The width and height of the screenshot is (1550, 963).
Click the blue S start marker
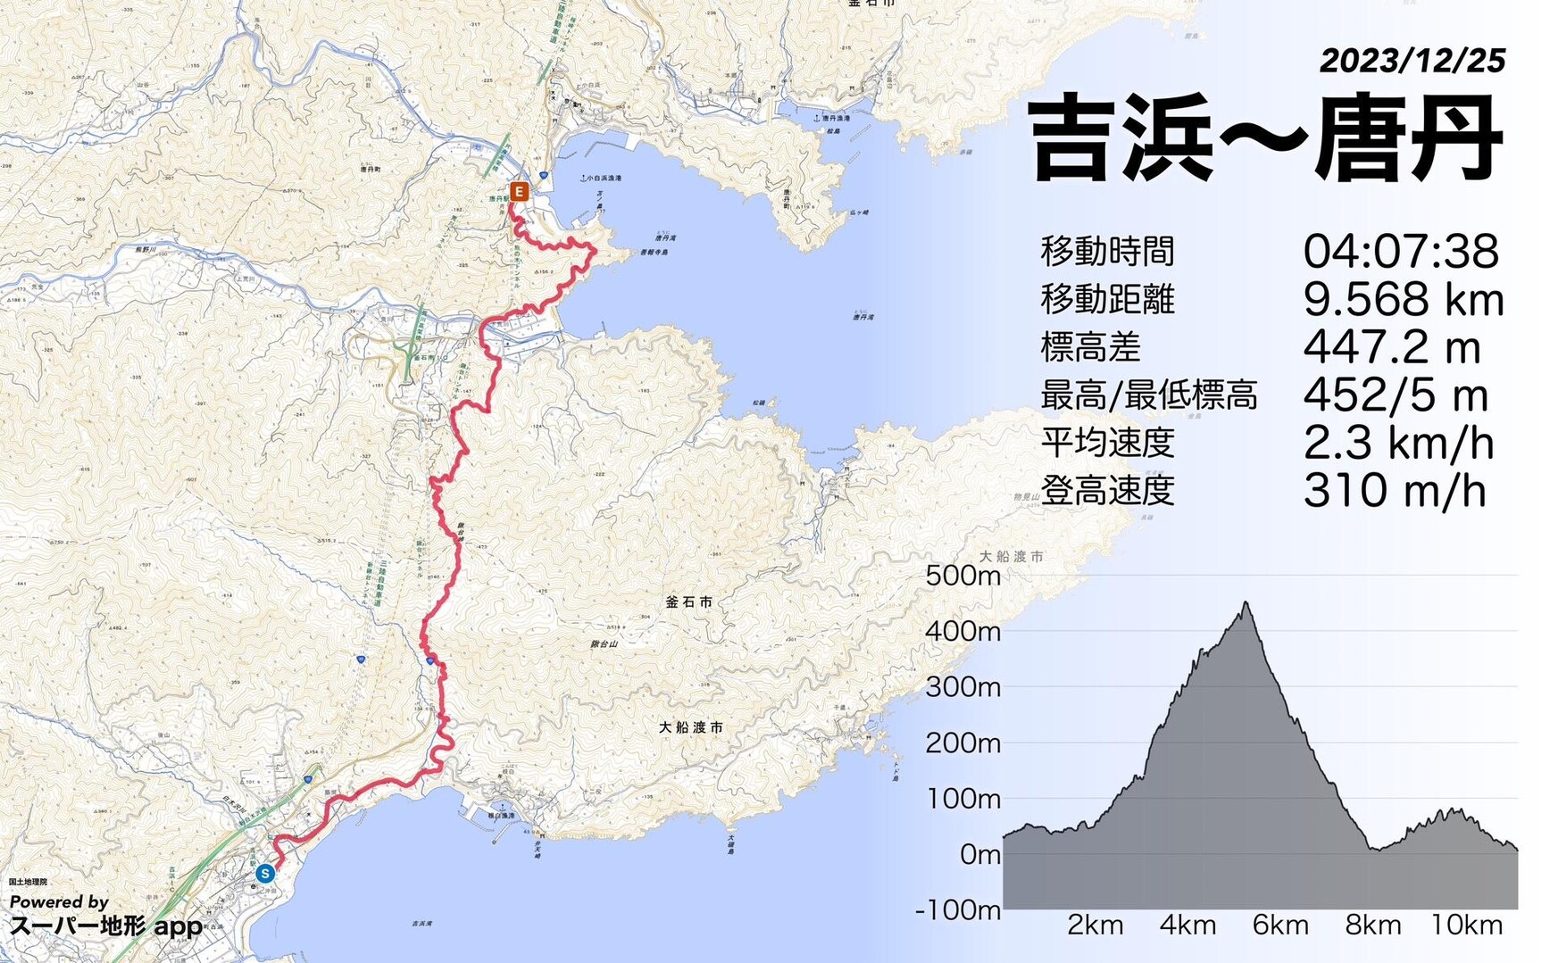point(264,874)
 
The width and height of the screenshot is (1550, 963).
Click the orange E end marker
point(519,191)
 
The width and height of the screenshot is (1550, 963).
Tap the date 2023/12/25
point(1412,61)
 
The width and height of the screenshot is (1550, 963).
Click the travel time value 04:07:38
point(1400,252)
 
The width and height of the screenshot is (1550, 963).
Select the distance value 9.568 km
point(1404,300)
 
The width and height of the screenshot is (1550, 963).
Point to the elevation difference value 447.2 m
point(1391,347)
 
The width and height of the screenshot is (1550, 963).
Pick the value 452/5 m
point(1395,395)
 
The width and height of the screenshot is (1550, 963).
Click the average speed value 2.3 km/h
point(1398,444)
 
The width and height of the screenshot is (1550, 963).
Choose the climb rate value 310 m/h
point(1394,491)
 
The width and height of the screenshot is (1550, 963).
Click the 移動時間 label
point(1107,252)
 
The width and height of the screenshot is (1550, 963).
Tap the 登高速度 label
point(1107,491)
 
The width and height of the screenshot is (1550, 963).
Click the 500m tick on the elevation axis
point(962,576)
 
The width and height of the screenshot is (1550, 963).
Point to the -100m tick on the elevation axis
point(958,910)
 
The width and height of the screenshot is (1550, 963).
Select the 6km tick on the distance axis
point(1279,926)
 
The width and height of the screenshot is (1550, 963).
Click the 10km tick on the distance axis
point(1466,926)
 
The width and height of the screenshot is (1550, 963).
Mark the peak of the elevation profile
point(1246,603)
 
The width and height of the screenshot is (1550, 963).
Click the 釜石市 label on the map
point(688,602)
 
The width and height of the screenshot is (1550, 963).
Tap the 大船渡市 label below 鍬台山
point(691,727)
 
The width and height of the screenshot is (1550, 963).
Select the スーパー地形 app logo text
point(106,926)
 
